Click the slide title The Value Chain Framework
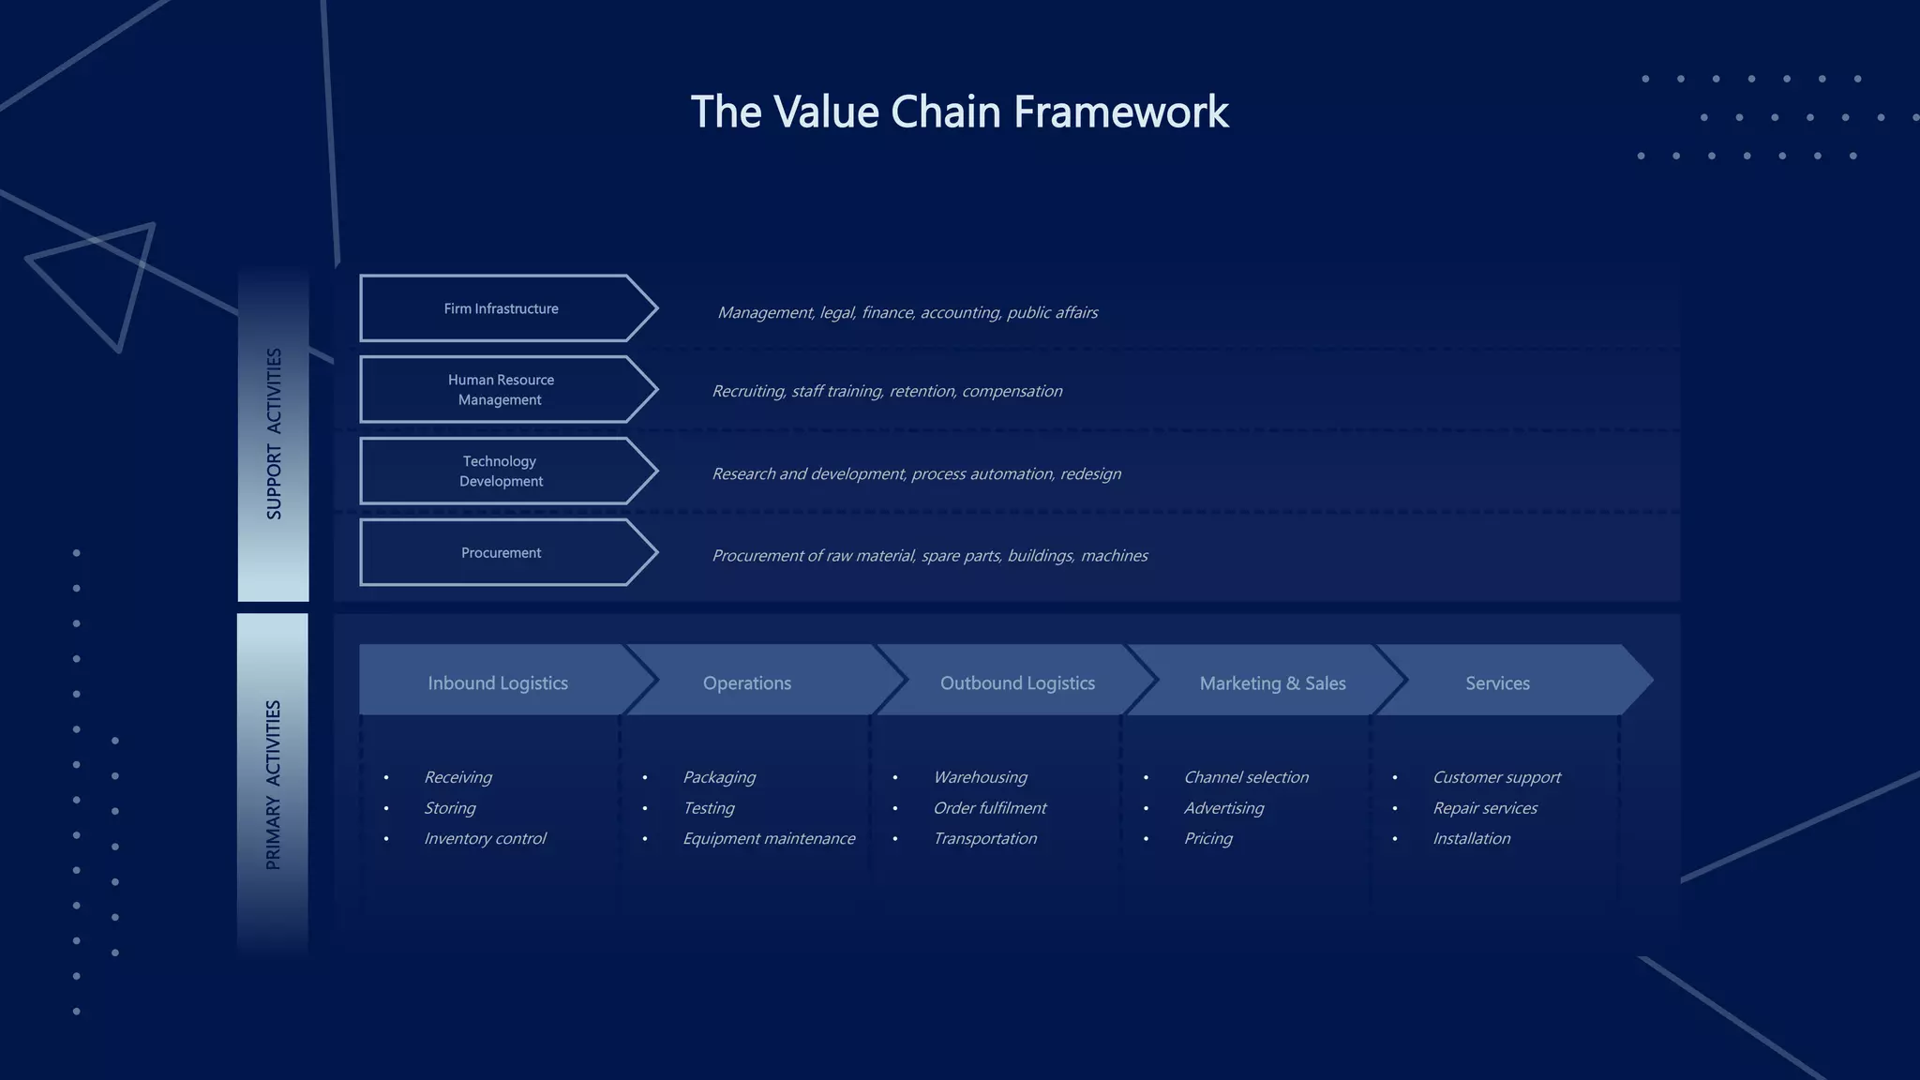pyautogui.click(x=959, y=112)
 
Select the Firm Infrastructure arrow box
pyautogui.click(x=502, y=308)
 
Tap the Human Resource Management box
pyautogui.click(x=502, y=390)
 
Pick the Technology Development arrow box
pyautogui.click(x=502, y=472)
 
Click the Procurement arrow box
pyautogui.click(x=502, y=553)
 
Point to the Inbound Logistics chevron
pyautogui.click(x=498, y=683)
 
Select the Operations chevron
pyautogui.click(x=747, y=683)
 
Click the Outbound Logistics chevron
pyautogui.click(x=1017, y=683)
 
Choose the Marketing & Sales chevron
pyautogui.click(x=1272, y=683)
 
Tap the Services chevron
pyautogui.click(x=1497, y=683)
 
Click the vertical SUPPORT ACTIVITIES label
pyautogui.click(x=274, y=434)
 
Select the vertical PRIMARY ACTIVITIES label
pyautogui.click(x=274, y=785)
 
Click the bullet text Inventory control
pyautogui.click(x=485, y=839)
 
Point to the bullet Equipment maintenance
pyautogui.click(x=769, y=839)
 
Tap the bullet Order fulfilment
pyautogui.click(x=989, y=808)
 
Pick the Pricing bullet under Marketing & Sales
pyautogui.click(x=1207, y=839)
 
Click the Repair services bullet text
pyautogui.click(x=1485, y=808)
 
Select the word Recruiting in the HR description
pyautogui.click(x=748, y=392)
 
